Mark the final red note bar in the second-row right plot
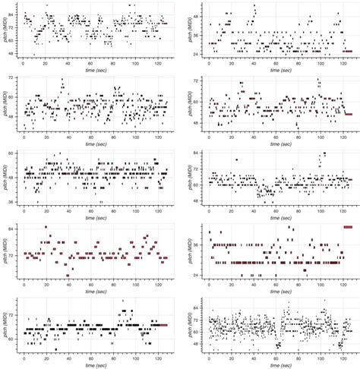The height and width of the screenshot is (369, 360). [x=349, y=114]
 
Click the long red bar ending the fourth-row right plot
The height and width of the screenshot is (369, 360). [x=349, y=227]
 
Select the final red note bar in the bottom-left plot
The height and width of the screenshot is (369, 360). [x=163, y=324]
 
